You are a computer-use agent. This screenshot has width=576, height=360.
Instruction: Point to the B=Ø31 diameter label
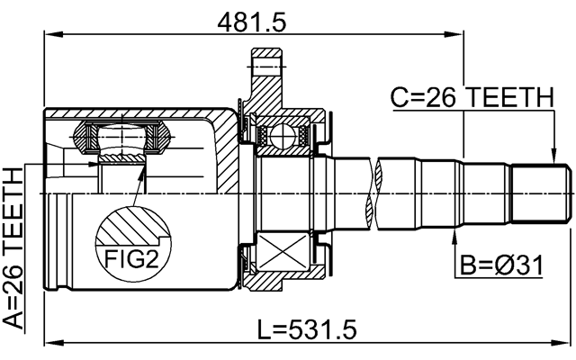503,265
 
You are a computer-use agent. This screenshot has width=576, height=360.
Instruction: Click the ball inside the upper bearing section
283,136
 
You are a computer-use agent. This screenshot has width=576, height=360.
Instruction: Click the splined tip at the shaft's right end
541,193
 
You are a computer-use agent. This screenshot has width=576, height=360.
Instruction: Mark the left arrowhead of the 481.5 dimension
50,35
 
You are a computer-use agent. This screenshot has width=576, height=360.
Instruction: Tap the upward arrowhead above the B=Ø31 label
455,236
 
